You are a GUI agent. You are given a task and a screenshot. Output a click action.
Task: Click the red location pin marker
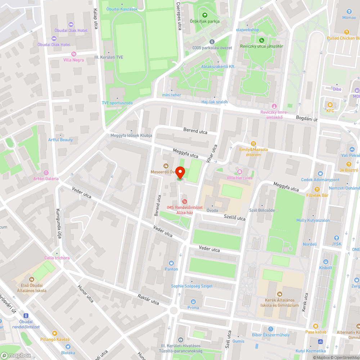(181, 173)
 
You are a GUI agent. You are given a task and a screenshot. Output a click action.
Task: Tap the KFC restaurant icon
(330, 105)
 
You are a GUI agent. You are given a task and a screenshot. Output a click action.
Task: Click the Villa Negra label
(73, 60)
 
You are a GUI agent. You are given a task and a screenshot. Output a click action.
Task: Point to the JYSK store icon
(336, 238)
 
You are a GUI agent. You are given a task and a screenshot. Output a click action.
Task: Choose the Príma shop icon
(193, 301)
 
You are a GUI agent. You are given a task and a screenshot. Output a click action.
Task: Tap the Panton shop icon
(171, 263)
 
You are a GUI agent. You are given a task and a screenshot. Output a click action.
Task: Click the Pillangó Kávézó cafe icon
(55, 333)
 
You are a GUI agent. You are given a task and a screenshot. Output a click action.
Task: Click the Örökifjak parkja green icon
(205, 15)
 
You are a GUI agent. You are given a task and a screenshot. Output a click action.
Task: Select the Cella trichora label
(57, 258)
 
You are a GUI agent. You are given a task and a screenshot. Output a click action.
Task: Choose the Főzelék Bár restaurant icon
(317, 189)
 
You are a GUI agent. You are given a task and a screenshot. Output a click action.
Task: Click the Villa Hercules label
(239, 178)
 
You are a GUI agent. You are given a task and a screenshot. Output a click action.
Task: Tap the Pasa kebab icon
(316, 326)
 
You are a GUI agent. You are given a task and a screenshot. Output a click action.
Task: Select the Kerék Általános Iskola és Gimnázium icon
(280, 294)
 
